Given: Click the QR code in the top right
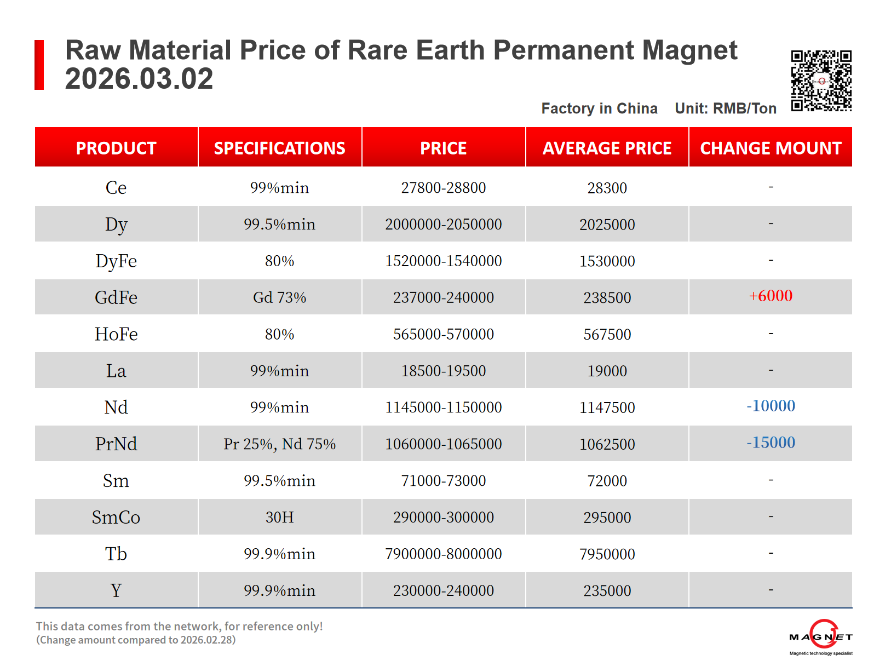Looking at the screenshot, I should click(x=821, y=81).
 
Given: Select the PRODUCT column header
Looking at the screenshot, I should click(x=116, y=148).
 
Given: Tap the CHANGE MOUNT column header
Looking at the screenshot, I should click(x=771, y=148).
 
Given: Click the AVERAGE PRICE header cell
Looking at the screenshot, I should click(x=607, y=148).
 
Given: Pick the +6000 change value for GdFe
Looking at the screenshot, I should click(x=771, y=296).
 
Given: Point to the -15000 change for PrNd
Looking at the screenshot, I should click(x=771, y=443).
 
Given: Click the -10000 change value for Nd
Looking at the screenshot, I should click(x=771, y=406).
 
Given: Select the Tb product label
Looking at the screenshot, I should click(x=116, y=554).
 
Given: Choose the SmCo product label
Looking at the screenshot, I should click(x=116, y=517).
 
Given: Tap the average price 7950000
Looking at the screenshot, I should click(x=607, y=554).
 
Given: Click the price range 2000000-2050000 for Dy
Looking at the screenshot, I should click(x=443, y=225).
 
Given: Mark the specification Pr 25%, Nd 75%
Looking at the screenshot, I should click(x=279, y=444).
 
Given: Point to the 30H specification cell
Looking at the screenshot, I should click(x=279, y=517).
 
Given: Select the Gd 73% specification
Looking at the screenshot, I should click(x=279, y=297).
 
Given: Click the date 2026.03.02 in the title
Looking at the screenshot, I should click(x=139, y=79).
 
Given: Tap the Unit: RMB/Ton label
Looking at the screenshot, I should click(x=726, y=108).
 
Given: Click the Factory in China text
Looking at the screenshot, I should click(x=599, y=108).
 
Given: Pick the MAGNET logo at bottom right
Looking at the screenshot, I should click(x=820, y=638).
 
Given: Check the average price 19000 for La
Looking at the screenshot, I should click(x=607, y=371).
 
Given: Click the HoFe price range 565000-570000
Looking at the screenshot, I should click(x=443, y=334).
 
